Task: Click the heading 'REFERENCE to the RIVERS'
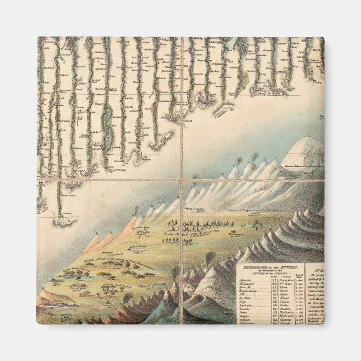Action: [x=270, y=268]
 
